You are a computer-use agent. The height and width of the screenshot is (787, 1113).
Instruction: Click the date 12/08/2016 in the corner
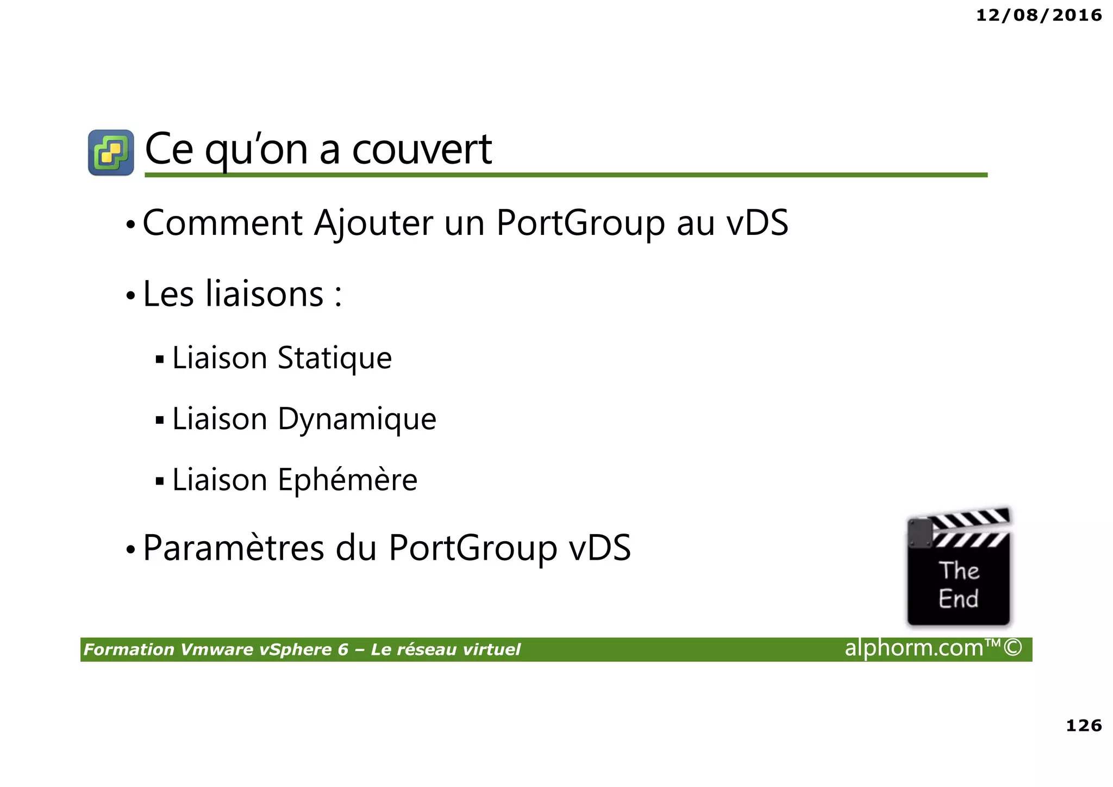[x=1039, y=15]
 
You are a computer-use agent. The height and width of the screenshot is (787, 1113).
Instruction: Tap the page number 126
[x=1084, y=725]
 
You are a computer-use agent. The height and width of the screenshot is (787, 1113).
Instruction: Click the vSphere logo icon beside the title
[x=111, y=152]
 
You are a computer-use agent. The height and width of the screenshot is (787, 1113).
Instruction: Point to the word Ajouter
[x=373, y=223]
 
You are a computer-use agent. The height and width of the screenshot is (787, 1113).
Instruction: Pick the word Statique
[x=334, y=358]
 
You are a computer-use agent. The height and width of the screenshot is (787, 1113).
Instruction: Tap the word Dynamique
[x=357, y=419]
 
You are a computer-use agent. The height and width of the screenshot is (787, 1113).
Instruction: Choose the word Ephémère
[x=347, y=480]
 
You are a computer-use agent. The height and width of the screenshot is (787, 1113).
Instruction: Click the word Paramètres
[x=234, y=548]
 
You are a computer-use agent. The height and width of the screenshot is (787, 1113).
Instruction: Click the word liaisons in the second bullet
[x=265, y=294]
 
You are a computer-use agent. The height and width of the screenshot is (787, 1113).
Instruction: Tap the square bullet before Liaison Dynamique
[x=159, y=420]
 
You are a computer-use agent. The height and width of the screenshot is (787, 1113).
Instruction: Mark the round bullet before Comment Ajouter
[x=130, y=225]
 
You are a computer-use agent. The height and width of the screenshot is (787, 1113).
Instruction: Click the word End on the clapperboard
[x=958, y=599]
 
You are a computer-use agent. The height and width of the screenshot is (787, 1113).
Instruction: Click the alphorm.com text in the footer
[x=914, y=648]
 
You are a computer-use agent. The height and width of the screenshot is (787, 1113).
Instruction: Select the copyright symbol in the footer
[x=1012, y=648]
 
